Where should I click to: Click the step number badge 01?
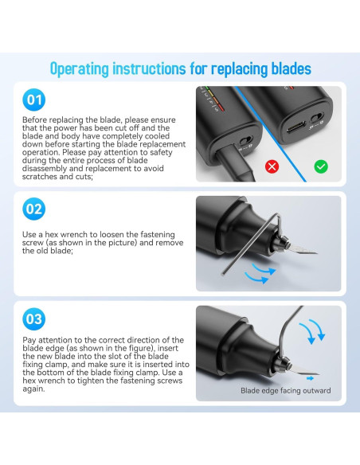click(34, 100)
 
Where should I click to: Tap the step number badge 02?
click(34, 209)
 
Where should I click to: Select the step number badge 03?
click(34, 319)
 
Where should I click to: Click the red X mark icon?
click(272, 166)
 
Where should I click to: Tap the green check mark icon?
click(321, 166)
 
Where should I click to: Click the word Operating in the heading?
click(80, 68)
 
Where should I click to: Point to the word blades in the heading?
click(292, 68)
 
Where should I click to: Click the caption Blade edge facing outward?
click(286, 391)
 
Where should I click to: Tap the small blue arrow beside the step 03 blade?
click(310, 378)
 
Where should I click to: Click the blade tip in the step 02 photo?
click(317, 253)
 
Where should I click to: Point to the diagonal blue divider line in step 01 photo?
click(271, 134)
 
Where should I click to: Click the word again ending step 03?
click(33, 389)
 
